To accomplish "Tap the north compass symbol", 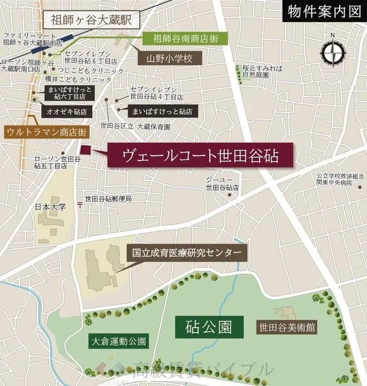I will click(x=333, y=54).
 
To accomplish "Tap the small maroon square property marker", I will click(x=85, y=150).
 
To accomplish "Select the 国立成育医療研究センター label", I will click(x=186, y=253).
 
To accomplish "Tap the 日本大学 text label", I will click(x=51, y=207).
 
